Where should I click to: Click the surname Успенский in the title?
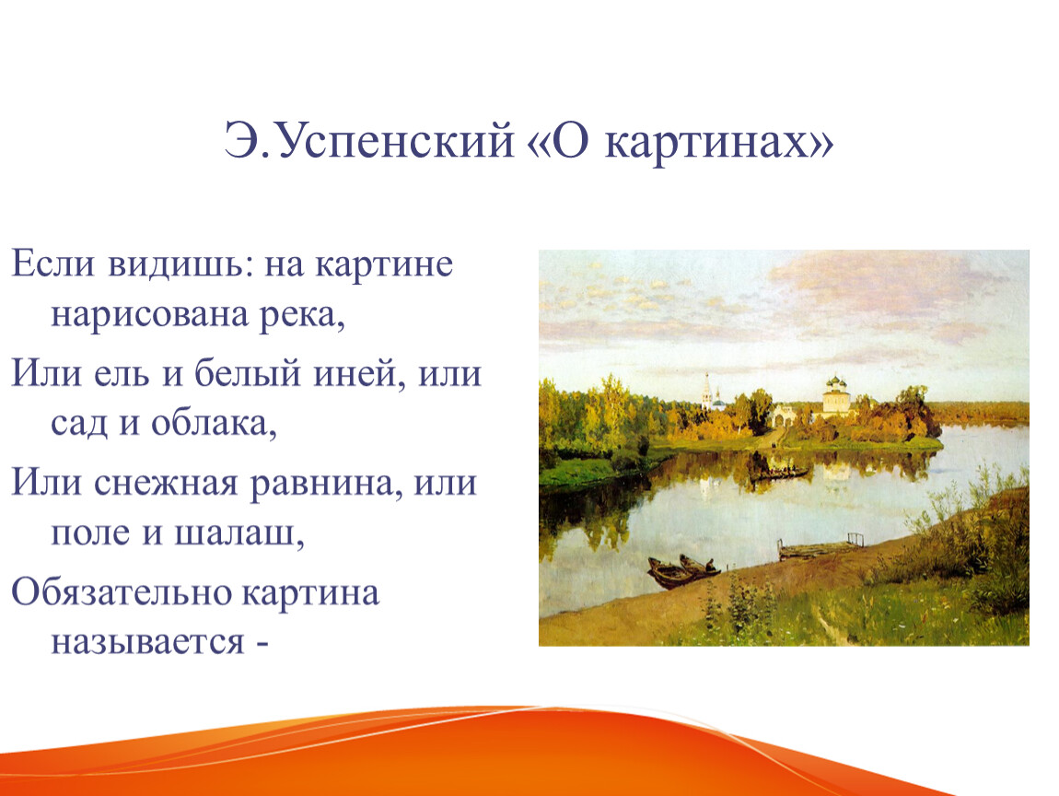pos(395,143)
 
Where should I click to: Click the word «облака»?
pos(214,424)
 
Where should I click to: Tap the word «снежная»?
pos(166,484)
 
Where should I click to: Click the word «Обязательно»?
pos(121,593)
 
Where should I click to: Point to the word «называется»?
pos(148,642)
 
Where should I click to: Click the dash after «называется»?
pos(262,643)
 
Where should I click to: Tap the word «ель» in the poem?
pos(122,373)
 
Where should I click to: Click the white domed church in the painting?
pos(835,397)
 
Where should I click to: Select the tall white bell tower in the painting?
pos(707,391)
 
